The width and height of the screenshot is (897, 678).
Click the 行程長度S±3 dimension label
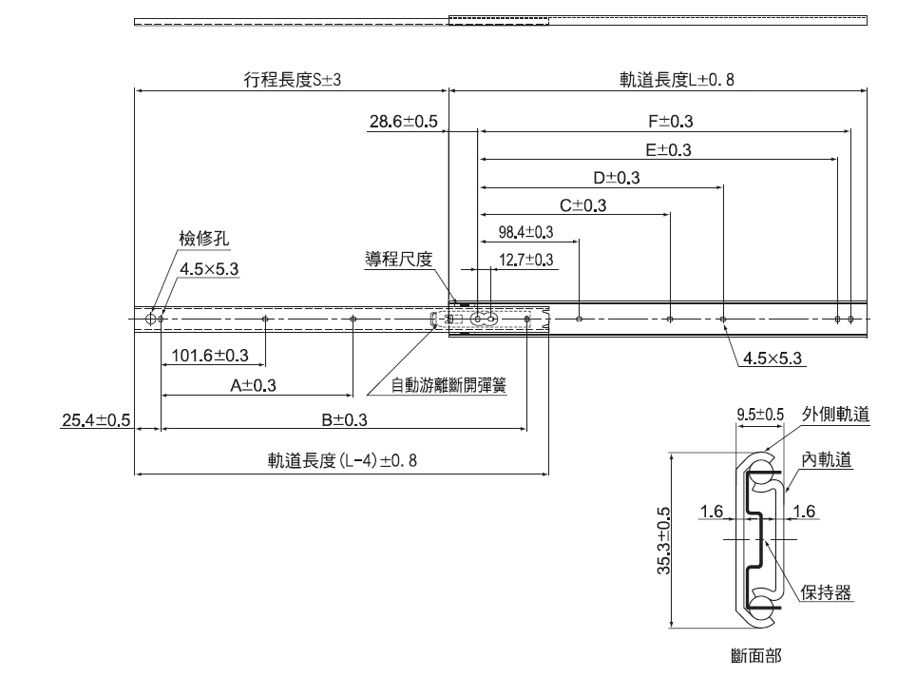pyautogui.click(x=292, y=81)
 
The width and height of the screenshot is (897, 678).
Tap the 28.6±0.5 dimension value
pyautogui.click(x=403, y=122)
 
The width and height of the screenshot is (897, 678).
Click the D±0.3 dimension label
pyautogui.click(x=616, y=178)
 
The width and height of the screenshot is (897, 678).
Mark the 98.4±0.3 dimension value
pyautogui.click(x=525, y=232)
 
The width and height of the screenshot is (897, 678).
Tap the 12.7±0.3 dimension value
pyautogui.click(x=525, y=260)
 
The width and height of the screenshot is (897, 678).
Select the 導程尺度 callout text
pyautogui.click(x=399, y=259)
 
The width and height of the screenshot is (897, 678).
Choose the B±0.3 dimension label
pyautogui.click(x=344, y=419)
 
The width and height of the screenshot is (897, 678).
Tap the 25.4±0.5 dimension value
pyautogui.click(x=91, y=419)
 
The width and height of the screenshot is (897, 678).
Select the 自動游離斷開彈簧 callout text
pyautogui.click(x=448, y=385)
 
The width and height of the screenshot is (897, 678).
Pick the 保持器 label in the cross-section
pyautogui.click(x=825, y=592)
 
